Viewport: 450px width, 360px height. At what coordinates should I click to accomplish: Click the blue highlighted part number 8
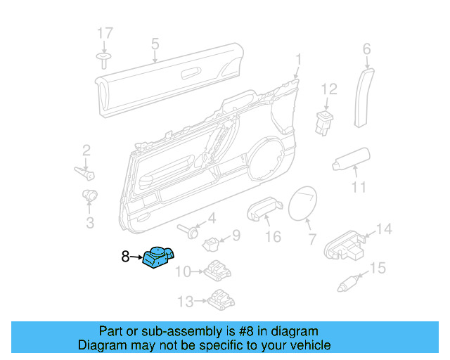(158, 258)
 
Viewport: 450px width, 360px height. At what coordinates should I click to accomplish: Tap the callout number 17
(105, 33)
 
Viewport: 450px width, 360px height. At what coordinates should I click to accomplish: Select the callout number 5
(155, 44)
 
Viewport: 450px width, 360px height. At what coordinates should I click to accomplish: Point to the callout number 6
(366, 49)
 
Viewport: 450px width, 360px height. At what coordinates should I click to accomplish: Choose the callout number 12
(330, 89)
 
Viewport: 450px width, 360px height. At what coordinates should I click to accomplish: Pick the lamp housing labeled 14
(345, 242)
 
